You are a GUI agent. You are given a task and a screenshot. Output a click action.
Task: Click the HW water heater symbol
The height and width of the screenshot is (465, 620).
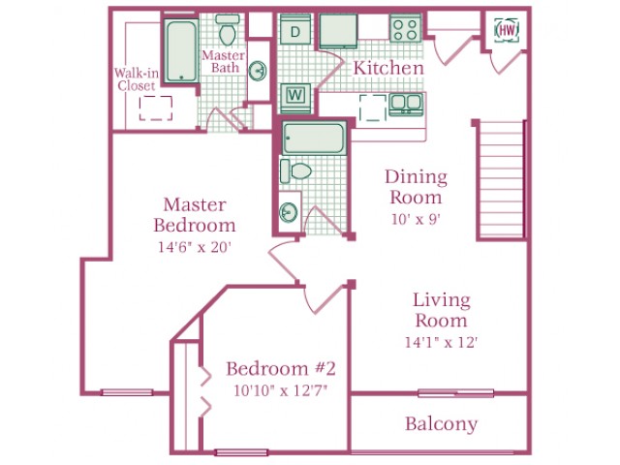(x=507, y=30)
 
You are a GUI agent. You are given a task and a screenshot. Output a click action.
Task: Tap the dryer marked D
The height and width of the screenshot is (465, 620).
(x=294, y=29)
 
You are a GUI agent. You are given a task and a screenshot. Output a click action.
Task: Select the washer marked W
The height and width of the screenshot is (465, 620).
(x=295, y=95)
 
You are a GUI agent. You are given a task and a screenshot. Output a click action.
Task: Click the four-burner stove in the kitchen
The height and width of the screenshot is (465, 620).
(x=405, y=28)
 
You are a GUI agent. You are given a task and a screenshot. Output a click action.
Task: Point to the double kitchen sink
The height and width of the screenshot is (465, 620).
(x=406, y=104)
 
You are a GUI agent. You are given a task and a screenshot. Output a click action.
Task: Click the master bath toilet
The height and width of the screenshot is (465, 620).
(x=227, y=30)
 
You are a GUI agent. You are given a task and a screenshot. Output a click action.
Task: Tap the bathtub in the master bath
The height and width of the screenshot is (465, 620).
(x=181, y=50)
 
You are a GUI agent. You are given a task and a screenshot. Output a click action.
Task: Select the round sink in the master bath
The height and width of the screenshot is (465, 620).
(x=258, y=71)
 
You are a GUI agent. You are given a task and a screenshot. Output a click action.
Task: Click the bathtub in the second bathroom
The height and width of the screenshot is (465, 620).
(x=314, y=138)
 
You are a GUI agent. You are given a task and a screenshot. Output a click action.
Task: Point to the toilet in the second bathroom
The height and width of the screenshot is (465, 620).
(x=295, y=171)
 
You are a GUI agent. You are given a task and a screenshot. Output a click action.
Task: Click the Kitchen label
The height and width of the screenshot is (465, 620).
(x=388, y=68)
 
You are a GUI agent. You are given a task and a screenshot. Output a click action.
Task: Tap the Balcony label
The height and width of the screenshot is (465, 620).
(x=442, y=424)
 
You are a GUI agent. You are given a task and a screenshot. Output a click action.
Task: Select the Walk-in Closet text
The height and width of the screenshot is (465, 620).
(x=136, y=79)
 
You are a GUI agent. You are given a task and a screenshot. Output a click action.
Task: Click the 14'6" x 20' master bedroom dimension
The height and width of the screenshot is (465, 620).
(x=194, y=247)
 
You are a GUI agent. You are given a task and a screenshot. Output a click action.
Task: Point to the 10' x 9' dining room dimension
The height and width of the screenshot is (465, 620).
(x=416, y=219)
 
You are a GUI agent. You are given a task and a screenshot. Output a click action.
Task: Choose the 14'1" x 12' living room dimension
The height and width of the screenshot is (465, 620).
(x=442, y=342)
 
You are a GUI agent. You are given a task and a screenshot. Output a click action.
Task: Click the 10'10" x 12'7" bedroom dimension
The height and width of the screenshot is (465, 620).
(x=280, y=390)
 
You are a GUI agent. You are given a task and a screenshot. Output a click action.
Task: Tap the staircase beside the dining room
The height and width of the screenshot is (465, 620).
(x=501, y=180)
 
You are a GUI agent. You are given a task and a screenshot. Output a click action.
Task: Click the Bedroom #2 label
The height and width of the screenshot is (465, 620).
(x=281, y=368)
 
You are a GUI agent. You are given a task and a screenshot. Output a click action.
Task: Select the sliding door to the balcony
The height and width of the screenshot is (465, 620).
(x=456, y=393)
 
